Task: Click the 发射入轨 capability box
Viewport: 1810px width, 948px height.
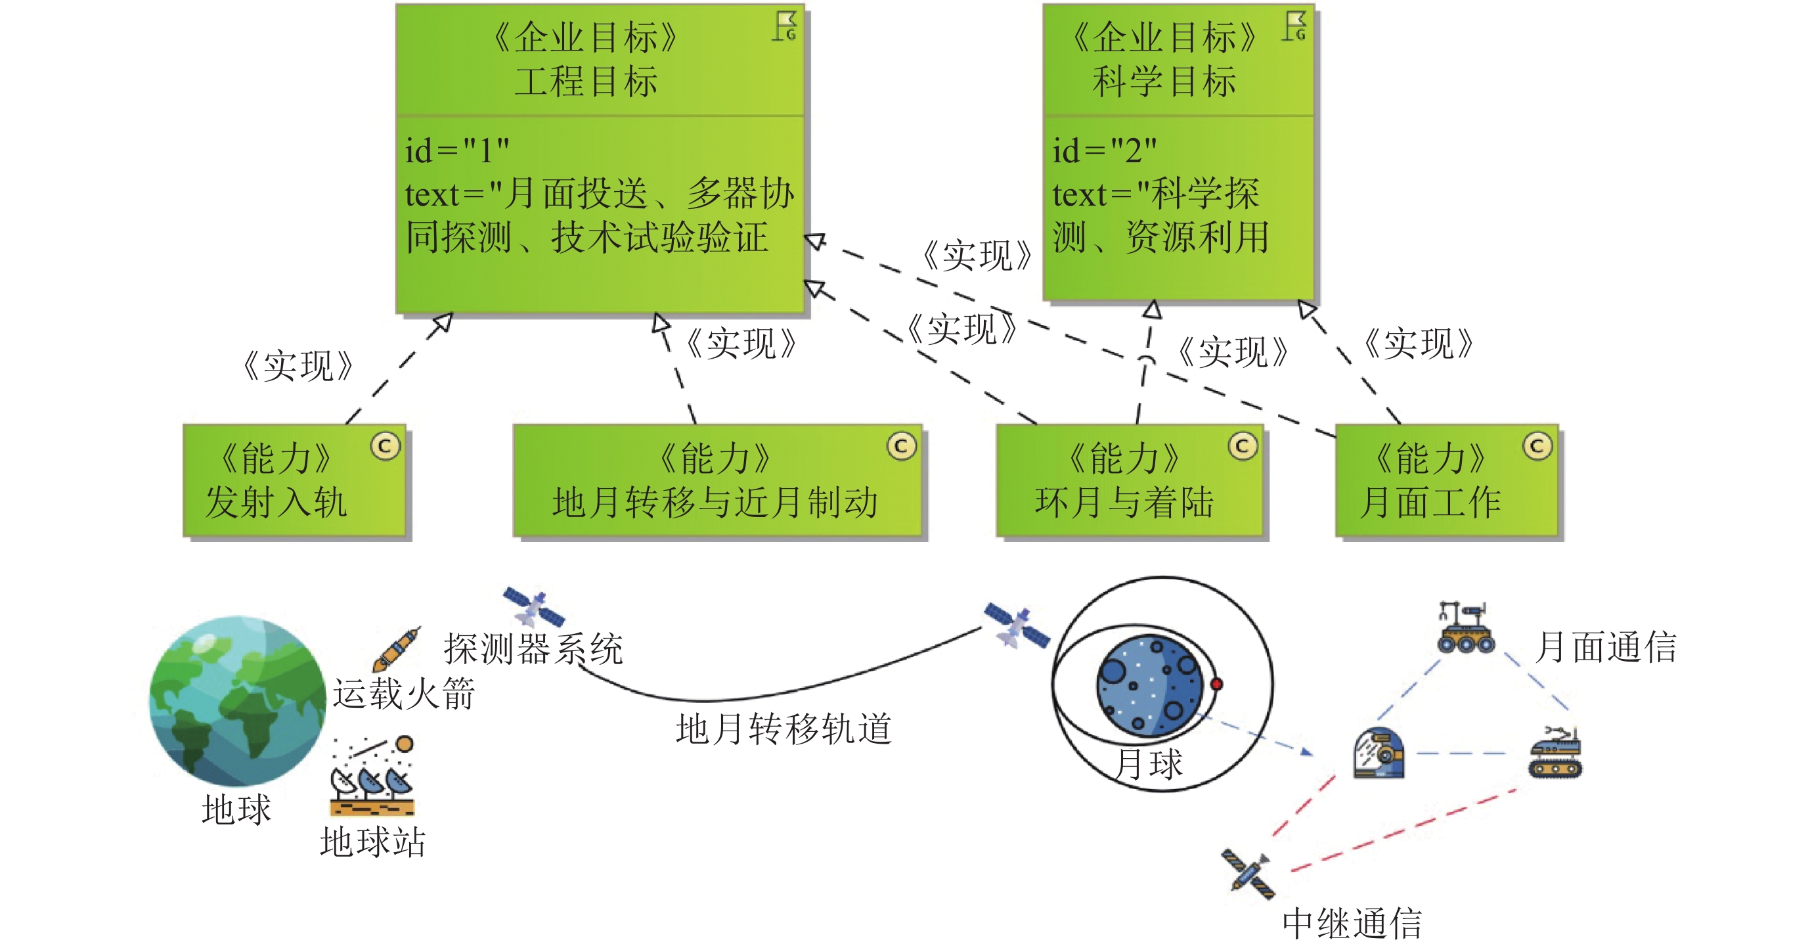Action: [x=294, y=481]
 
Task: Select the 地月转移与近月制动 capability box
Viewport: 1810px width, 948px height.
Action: [x=717, y=481]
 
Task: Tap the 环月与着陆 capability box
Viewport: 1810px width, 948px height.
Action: [x=1128, y=481]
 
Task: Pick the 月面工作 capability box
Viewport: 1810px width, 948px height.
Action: [x=1446, y=481]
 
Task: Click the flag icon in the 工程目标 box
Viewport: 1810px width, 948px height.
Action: [x=785, y=26]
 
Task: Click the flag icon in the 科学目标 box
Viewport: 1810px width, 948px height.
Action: [x=1295, y=26]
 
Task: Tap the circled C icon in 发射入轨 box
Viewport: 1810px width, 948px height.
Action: [x=385, y=445]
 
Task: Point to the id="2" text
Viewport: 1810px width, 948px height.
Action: [x=1104, y=150]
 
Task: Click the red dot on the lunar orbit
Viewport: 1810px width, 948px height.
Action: [x=1216, y=684]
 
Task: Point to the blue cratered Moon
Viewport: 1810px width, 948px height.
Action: [x=1149, y=685]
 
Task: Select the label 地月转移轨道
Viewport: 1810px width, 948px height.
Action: [x=784, y=728]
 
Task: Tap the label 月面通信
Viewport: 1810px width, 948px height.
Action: [x=1606, y=646]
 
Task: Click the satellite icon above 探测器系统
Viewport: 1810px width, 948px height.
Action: [x=533, y=606]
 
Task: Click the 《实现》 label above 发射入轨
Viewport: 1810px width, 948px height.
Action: [x=298, y=366]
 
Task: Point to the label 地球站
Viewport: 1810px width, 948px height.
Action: [x=372, y=841]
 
